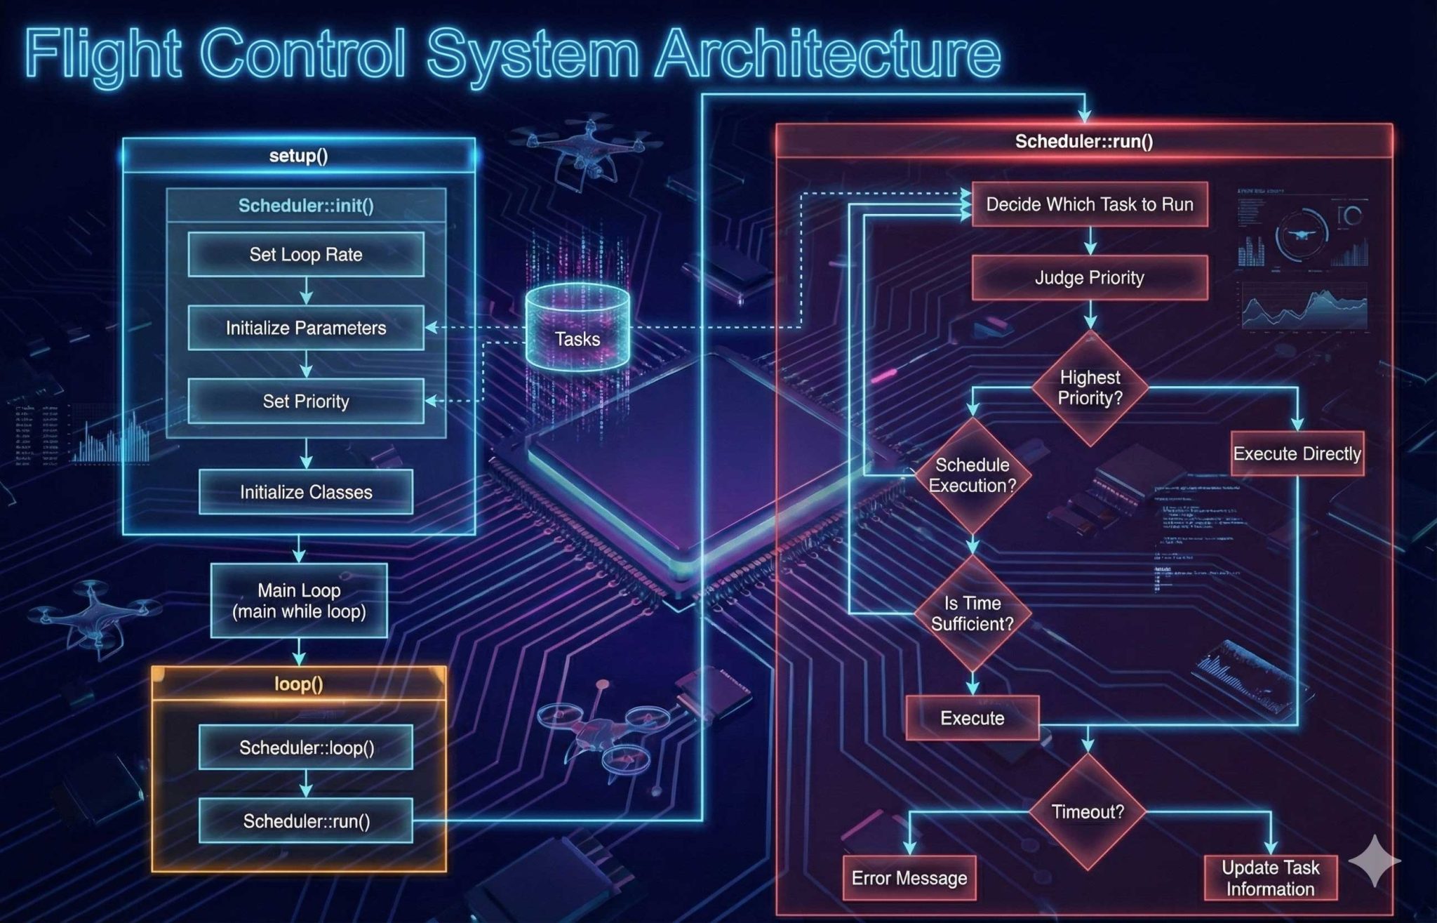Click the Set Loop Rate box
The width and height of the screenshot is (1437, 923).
[x=306, y=254]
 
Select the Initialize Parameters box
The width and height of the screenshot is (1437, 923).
[x=306, y=328]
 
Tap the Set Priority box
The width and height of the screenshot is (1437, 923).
[x=306, y=401]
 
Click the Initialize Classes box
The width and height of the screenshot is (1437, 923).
[x=306, y=492]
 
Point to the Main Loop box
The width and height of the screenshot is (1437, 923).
[x=299, y=601]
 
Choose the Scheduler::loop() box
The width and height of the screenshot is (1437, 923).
[x=306, y=748]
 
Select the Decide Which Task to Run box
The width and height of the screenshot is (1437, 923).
[x=1089, y=204]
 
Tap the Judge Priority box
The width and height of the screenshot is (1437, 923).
[x=1089, y=278]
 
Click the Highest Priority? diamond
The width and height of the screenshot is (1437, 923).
[x=1090, y=388]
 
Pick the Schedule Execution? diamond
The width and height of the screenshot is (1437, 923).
[x=973, y=475]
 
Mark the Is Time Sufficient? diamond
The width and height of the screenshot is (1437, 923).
[x=973, y=613]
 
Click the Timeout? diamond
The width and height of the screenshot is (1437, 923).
[x=1088, y=812]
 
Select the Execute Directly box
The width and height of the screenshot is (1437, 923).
[x=1297, y=453]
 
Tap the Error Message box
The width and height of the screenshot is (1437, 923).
[x=909, y=878]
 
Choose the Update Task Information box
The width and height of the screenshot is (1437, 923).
[x=1270, y=878]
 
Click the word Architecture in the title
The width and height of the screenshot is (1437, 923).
[x=828, y=54]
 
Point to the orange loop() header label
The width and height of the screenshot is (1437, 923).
[x=299, y=684]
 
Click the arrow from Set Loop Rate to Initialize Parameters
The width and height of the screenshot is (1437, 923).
[x=306, y=291]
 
